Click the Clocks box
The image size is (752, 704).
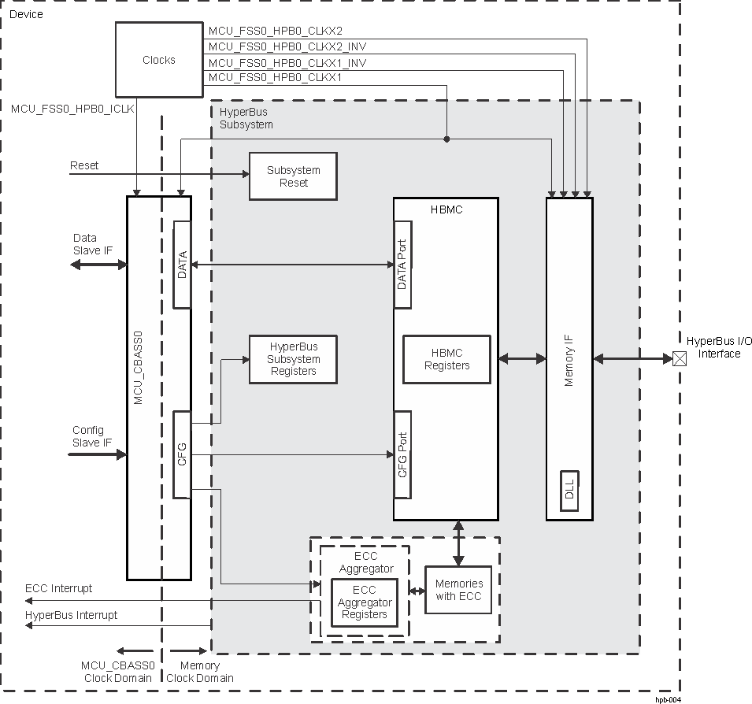click(159, 60)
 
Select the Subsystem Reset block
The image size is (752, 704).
click(293, 176)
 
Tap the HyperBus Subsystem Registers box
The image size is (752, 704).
click(293, 359)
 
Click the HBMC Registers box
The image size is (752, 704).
click(446, 359)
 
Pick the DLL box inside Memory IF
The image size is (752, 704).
click(569, 491)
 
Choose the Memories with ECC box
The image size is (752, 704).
click(458, 590)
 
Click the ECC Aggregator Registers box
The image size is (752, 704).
click(365, 602)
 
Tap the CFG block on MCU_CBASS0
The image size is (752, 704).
click(182, 454)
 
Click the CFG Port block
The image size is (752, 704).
click(402, 455)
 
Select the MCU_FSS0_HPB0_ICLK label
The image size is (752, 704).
click(72, 109)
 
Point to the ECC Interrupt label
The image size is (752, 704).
click(59, 588)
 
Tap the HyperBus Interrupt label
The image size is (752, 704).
click(72, 615)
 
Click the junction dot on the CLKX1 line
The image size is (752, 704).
click(446, 139)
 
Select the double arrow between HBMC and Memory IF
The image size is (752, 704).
click(522, 359)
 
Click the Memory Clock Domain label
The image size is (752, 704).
click(200, 672)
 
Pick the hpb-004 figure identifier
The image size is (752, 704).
click(667, 698)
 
